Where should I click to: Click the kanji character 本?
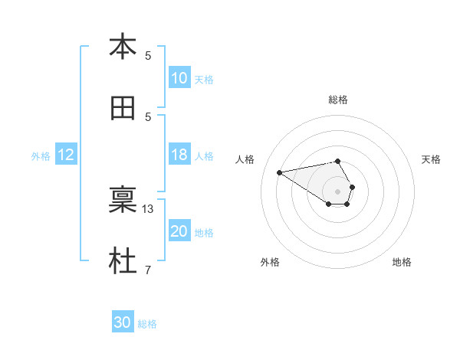tap(123, 47)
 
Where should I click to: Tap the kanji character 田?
tap(123, 109)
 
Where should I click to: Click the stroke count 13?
tap(149, 209)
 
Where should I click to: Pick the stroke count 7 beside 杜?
tap(148, 270)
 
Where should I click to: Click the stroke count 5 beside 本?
tap(148, 55)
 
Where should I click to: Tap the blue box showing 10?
tap(179, 78)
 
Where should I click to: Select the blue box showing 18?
tap(179, 155)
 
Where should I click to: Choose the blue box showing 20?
tap(179, 231)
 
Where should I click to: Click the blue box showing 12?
tap(66, 155)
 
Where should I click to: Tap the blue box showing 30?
tap(123, 322)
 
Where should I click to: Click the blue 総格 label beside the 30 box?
tap(147, 324)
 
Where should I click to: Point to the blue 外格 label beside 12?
tap(41, 155)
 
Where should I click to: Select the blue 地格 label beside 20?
tap(204, 232)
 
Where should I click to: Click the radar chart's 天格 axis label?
tap(431, 159)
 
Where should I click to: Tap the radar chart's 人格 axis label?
tap(246, 159)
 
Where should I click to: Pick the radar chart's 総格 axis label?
tap(338, 100)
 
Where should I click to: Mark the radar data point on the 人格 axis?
tap(280, 172)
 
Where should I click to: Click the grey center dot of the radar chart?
tap(338, 190)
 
